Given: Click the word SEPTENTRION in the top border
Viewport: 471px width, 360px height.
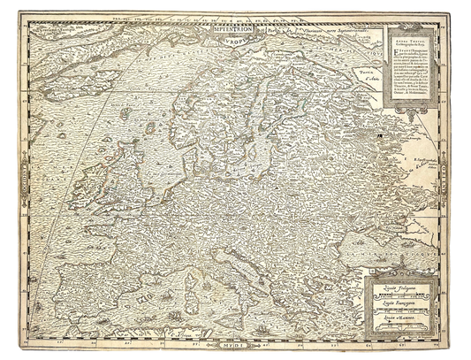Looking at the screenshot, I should click(233, 27).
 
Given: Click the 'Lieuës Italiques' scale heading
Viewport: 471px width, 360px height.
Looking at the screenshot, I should click(393, 287).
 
